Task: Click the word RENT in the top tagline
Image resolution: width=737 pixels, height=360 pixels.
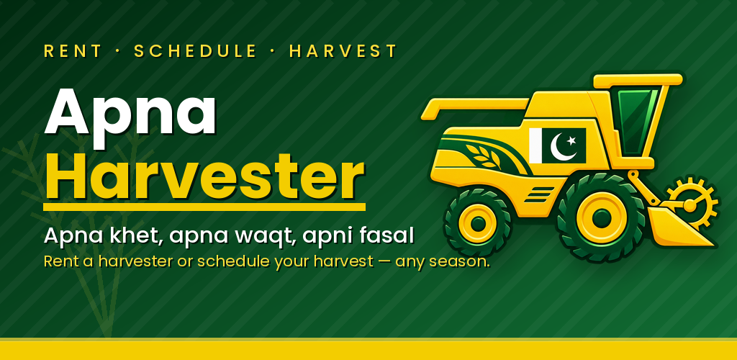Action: pyautogui.click(x=73, y=50)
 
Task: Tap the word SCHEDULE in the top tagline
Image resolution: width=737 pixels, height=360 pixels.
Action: pyautogui.click(x=195, y=50)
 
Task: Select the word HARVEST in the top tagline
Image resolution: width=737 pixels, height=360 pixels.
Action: pyautogui.click(x=343, y=50)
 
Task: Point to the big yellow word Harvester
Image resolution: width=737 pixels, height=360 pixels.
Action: pyautogui.click(x=204, y=178)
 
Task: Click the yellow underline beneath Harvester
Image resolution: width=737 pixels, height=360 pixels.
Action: pyautogui.click(x=204, y=207)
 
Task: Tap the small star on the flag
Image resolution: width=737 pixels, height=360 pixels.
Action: pyautogui.click(x=571, y=140)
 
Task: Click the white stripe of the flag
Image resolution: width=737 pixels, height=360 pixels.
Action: pyautogui.click(x=535, y=145)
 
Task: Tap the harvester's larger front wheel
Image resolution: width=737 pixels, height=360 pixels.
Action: pyautogui.click(x=601, y=218)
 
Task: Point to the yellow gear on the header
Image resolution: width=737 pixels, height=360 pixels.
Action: pyautogui.click(x=690, y=204)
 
